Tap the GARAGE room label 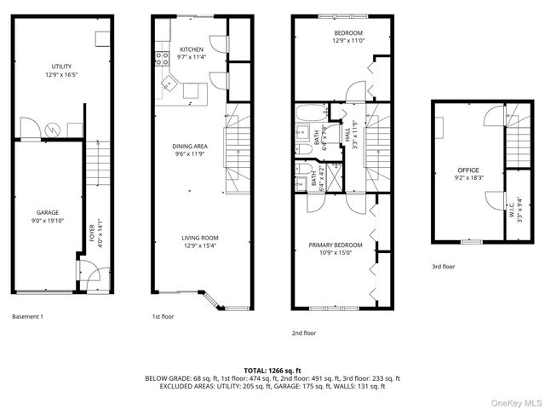pyautogui.click(x=47, y=212)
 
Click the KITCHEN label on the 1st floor pyautogui.click(x=192, y=50)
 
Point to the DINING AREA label pyautogui.click(x=190, y=146)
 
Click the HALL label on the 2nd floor pyautogui.click(x=348, y=135)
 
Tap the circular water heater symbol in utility pyautogui.click(x=53, y=130)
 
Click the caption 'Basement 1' pyautogui.click(x=27, y=317)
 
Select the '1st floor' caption pyautogui.click(x=163, y=317)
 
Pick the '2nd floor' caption pyautogui.click(x=302, y=333)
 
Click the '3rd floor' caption pyautogui.click(x=443, y=267)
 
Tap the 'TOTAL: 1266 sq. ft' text pyautogui.click(x=272, y=371)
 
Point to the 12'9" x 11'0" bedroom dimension pyautogui.click(x=347, y=40)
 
